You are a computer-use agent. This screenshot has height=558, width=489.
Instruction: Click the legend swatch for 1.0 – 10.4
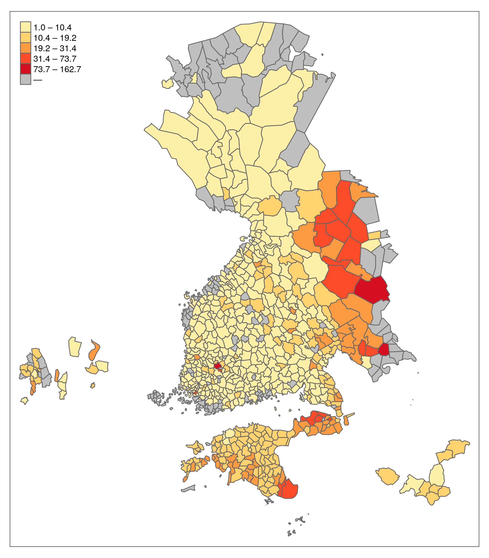[25, 27]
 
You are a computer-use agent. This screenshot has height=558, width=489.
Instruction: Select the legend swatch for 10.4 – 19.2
[25, 38]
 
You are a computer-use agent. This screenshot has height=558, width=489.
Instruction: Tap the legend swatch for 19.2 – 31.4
[25, 48]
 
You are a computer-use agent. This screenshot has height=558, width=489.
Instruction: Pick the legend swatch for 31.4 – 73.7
[25, 59]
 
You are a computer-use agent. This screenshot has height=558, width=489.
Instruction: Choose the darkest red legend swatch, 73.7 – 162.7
[25, 69]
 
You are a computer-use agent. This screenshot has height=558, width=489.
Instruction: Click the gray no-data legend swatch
[25, 79]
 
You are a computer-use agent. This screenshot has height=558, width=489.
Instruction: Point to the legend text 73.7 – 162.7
[57, 69]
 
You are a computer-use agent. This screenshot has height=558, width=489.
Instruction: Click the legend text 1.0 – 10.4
[53, 28]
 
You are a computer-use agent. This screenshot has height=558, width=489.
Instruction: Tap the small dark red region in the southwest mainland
[217, 365]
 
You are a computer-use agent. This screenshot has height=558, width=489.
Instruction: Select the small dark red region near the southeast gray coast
[384, 350]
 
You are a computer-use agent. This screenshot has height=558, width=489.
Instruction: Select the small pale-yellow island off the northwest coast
[167, 84]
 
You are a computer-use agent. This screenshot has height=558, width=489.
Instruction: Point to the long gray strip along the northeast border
[314, 104]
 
